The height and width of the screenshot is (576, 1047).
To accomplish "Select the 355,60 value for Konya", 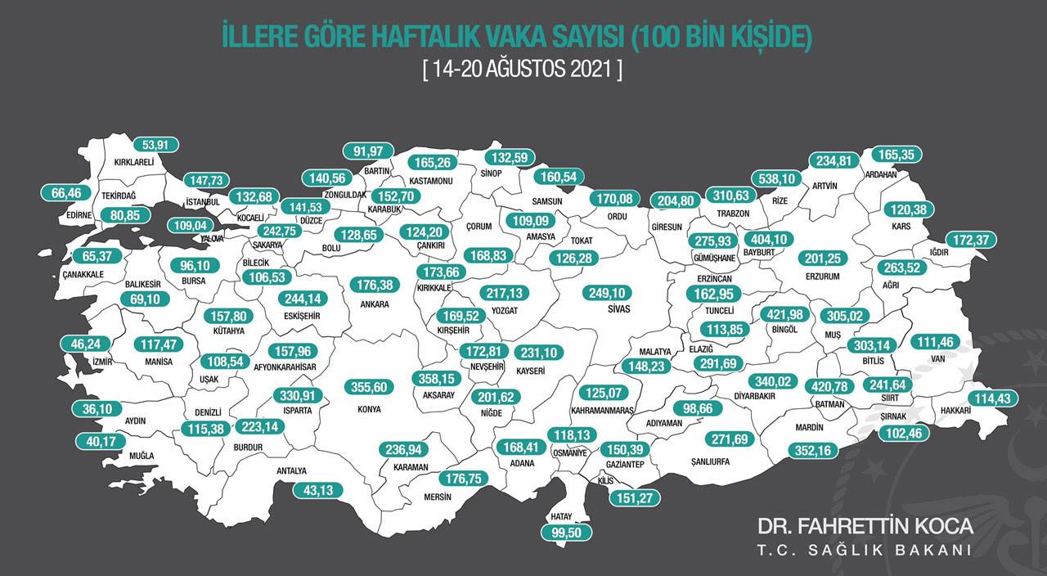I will point(369,386).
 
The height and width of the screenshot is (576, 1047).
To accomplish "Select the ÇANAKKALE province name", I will point(83,274).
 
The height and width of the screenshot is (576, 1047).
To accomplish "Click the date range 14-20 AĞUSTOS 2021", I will point(522,69).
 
